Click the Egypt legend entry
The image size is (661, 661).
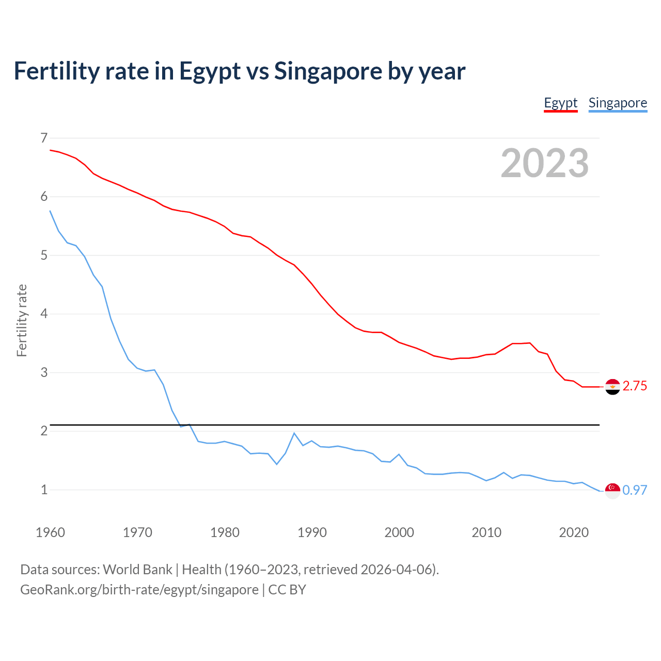click(560, 103)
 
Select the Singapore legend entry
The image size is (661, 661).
click(618, 103)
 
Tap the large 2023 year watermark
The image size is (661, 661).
click(545, 163)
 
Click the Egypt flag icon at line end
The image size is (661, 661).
click(612, 386)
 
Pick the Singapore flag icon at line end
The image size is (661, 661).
click(612, 491)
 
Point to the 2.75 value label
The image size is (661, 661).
click(635, 386)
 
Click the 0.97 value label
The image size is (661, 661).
click(635, 491)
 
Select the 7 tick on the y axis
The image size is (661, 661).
click(44, 138)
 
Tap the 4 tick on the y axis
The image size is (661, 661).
click(44, 314)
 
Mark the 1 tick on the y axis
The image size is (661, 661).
click(44, 490)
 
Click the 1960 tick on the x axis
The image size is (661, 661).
click(50, 532)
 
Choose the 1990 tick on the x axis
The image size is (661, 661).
click(312, 532)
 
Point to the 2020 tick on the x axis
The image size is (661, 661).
click(574, 532)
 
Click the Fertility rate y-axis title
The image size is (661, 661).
click(22, 320)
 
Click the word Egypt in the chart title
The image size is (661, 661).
click(210, 71)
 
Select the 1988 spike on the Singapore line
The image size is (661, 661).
click(294, 433)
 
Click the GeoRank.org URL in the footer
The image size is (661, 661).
click(139, 590)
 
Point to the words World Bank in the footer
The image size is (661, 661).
click(137, 570)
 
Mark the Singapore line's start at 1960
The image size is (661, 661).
click(50, 211)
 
